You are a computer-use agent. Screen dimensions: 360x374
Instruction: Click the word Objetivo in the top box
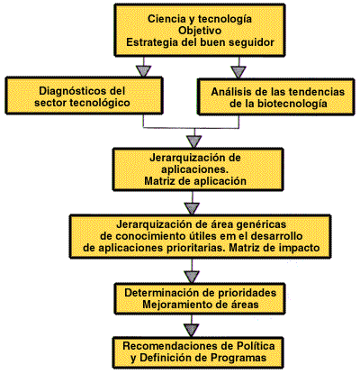pos(200,31)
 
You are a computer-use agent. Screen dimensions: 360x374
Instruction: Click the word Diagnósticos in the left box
pos(74,91)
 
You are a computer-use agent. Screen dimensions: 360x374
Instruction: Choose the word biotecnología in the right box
pos(292,104)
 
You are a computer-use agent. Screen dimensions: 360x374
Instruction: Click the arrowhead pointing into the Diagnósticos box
pos(143,71)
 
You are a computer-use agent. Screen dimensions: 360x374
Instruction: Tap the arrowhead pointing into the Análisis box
pos(238,72)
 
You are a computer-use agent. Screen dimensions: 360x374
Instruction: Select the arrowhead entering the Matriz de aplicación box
pos(193,141)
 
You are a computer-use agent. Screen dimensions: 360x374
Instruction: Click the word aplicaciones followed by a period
pos(194,169)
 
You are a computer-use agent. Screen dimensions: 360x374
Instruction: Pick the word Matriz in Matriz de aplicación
pos(159,181)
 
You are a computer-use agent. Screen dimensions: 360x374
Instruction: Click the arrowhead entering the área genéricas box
pos(192,208)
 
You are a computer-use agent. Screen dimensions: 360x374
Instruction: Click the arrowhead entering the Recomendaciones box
pos(192,330)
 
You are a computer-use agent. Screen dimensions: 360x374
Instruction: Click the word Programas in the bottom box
pos(238,358)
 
